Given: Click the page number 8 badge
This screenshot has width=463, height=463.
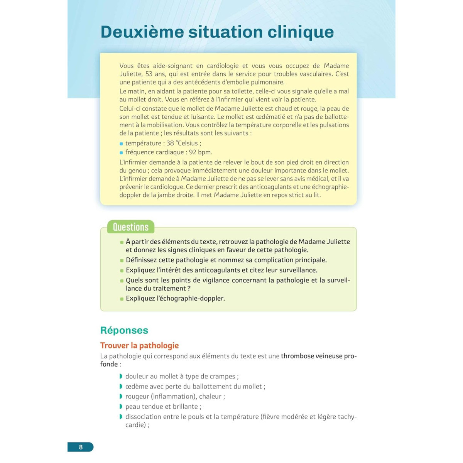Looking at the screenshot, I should pyautogui.click(x=81, y=447).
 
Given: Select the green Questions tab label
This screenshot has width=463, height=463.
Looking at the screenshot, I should pyautogui.click(x=130, y=227).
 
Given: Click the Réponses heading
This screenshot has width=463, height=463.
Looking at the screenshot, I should pyautogui.click(x=124, y=330).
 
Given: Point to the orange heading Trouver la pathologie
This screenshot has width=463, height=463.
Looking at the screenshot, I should pyautogui.click(x=139, y=345).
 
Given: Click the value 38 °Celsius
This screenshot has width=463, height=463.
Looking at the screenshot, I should pyautogui.click(x=184, y=143).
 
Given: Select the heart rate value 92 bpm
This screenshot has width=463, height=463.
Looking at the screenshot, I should pyautogui.click(x=201, y=152).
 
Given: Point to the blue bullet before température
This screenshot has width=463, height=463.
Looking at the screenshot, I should pyautogui.click(x=121, y=144).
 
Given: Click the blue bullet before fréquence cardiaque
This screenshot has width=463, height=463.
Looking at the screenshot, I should pyautogui.click(x=121, y=153).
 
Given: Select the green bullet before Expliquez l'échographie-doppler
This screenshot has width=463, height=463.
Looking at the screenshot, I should pyautogui.click(x=122, y=299).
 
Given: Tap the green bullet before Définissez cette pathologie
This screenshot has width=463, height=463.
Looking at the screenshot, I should pyautogui.click(x=122, y=260).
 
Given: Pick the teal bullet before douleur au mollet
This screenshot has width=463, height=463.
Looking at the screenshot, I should pyautogui.click(x=121, y=376).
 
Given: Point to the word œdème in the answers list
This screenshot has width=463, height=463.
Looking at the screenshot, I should pyautogui.click(x=136, y=387).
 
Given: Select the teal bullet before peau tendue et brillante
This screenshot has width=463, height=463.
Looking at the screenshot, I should pyautogui.click(x=121, y=406).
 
